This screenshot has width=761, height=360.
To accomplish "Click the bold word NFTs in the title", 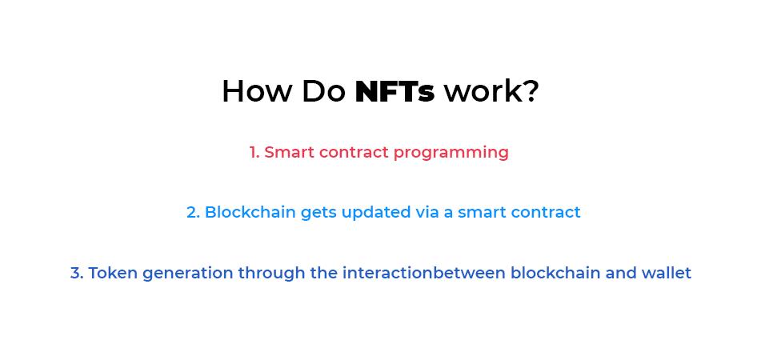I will pyautogui.click(x=395, y=92).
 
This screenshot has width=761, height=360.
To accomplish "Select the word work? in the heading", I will pyautogui.click(x=491, y=92).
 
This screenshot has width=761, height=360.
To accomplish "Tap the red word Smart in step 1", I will pyautogui.click(x=289, y=152).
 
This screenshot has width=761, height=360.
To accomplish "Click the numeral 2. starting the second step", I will pyautogui.click(x=193, y=213).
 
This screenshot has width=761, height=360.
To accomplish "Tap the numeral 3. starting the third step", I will pyautogui.click(x=77, y=274).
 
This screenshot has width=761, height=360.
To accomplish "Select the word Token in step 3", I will pyautogui.click(x=110, y=274).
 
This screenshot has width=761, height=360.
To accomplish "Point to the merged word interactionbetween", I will pyautogui.click(x=424, y=274).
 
